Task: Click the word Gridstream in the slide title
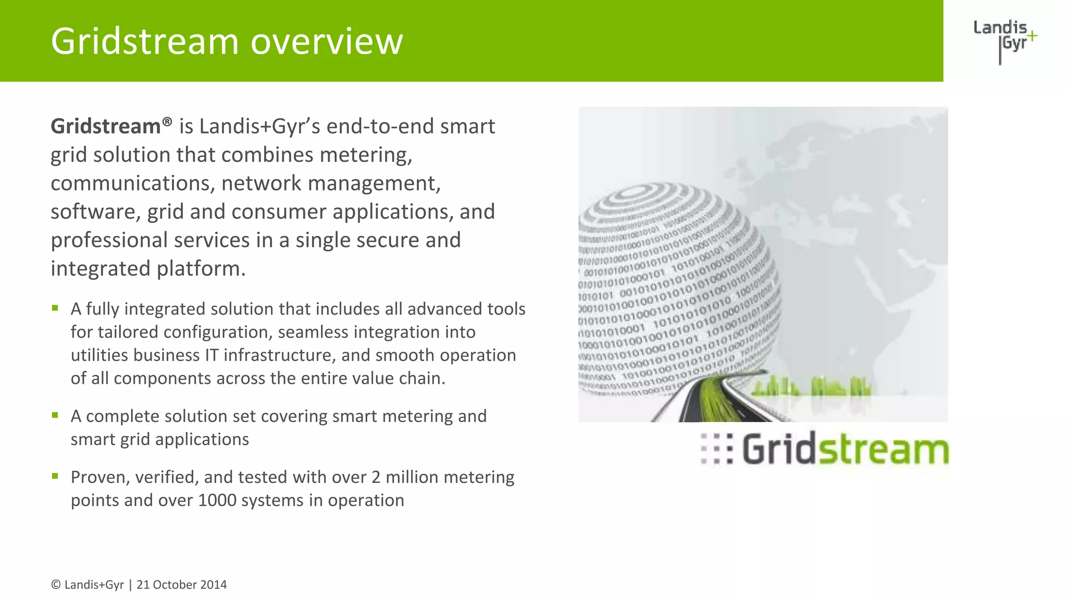145,42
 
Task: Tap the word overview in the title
327,42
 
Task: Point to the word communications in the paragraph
132,183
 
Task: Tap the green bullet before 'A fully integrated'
55,308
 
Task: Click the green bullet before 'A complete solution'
55,415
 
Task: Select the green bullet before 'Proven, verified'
55,476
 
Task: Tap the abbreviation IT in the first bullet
211,355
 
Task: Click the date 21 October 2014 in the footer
181,585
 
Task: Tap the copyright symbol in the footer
55,585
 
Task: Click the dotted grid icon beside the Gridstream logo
716,448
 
